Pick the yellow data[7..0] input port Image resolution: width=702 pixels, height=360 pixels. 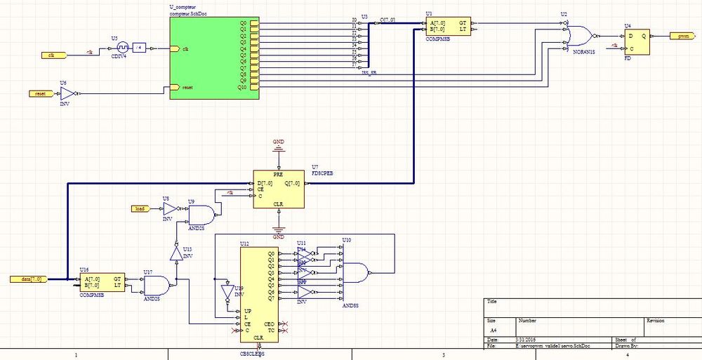tap(29, 279)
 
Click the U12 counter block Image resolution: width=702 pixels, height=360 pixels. tap(259, 295)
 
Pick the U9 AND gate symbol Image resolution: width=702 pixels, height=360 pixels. tap(200, 213)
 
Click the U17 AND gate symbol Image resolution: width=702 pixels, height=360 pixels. tap(155, 284)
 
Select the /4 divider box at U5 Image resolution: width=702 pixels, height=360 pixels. tap(139, 48)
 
